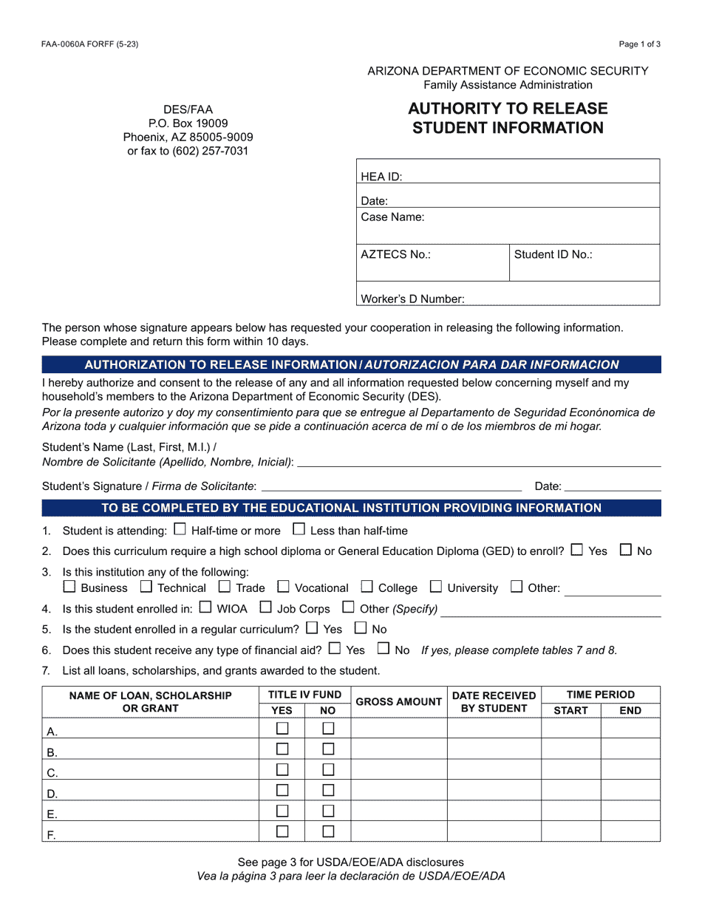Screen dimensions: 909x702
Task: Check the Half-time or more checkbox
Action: pos(180,529)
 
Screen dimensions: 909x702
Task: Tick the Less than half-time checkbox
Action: pos(299,529)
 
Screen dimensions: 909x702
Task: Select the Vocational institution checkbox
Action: pos(283,587)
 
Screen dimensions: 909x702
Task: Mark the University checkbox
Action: pos(436,587)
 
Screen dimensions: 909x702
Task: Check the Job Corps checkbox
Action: pos(265,607)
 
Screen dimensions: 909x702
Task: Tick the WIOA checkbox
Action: pos(205,607)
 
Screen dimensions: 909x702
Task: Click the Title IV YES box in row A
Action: pos(282,729)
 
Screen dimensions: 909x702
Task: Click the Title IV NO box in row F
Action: pos(328,831)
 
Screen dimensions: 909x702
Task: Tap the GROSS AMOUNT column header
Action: pos(398,702)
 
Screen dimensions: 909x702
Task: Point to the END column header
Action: pos(630,710)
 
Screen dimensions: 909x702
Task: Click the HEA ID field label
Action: pos(381,177)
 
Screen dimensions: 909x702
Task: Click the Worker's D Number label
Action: pos(412,299)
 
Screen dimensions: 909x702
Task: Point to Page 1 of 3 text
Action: pos(639,44)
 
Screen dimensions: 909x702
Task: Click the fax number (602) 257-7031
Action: pos(211,151)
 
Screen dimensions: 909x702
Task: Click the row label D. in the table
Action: pos(52,794)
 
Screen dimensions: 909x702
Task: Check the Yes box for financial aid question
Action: pos(335,649)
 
